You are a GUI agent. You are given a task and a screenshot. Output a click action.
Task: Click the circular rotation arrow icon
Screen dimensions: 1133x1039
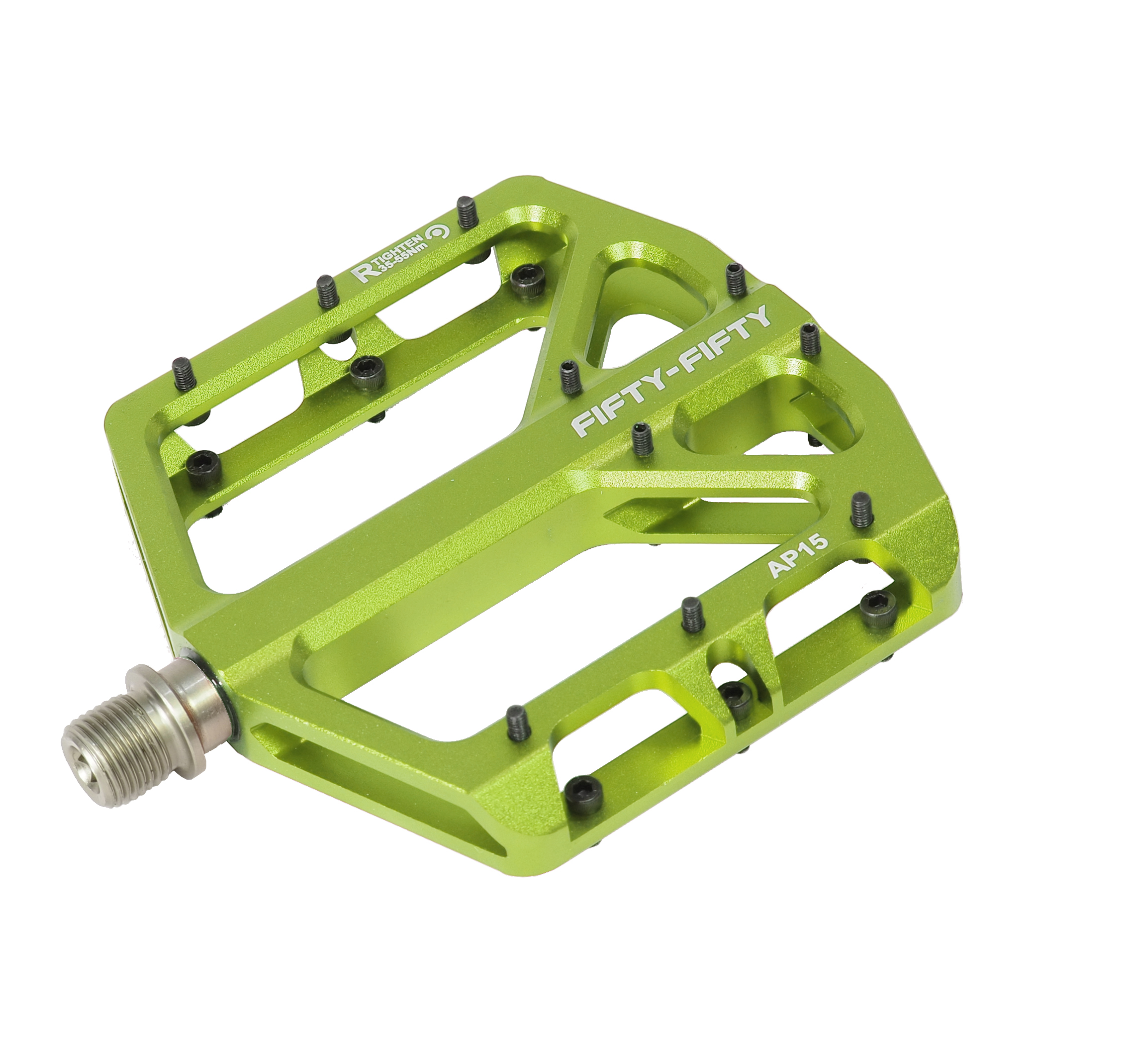click(438, 232)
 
